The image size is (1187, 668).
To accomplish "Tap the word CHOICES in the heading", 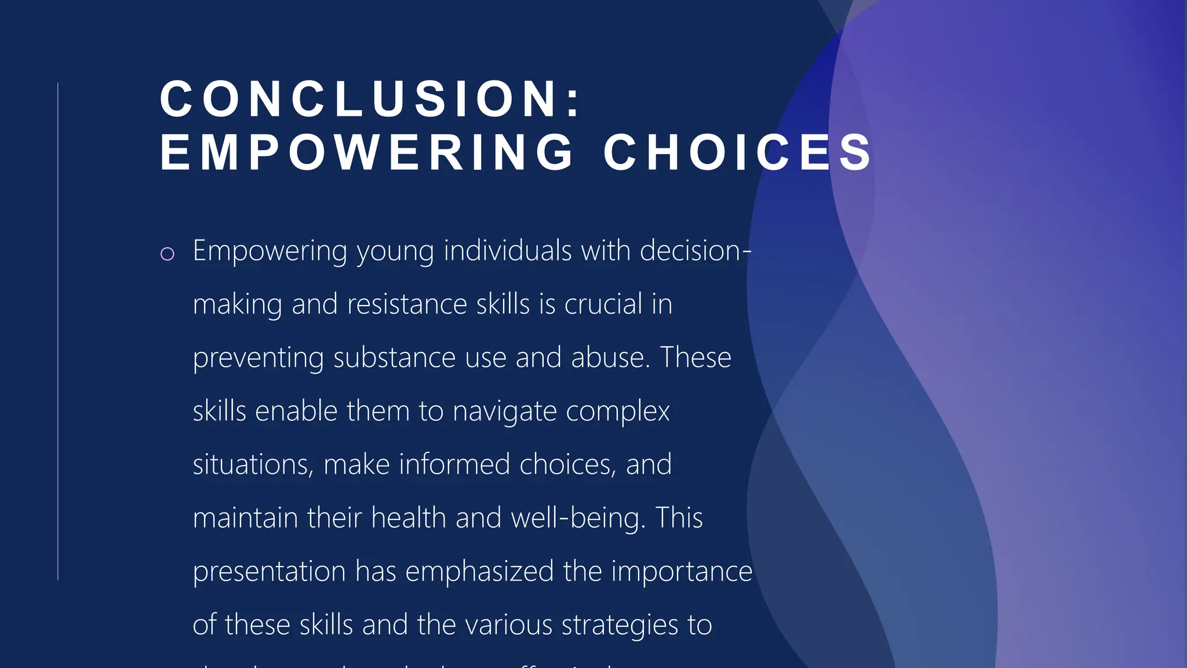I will pyautogui.click(x=737, y=153).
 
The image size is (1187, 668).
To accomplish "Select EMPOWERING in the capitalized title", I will pyautogui.click(x=367, y=153).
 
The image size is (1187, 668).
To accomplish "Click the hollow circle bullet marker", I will pyautogui.click(x=167, y=253).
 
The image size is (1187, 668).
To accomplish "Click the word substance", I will pyautogui.click(x=394, y=358).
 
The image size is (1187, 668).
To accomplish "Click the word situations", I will pyautogui.click(x=253, y=465).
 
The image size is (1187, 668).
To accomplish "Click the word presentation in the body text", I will pyautogui.click(x=269, y=572).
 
